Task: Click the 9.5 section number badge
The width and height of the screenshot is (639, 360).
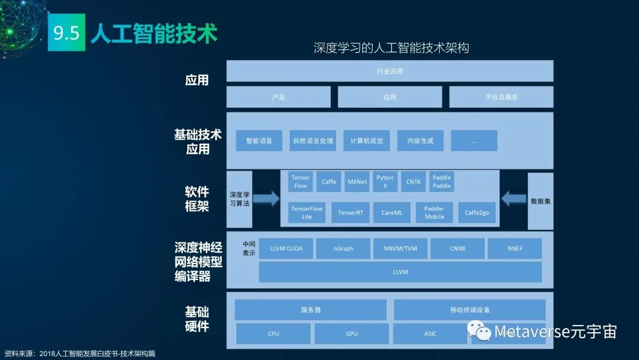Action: coord(66,33)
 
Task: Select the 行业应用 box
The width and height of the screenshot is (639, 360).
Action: coord(389,71)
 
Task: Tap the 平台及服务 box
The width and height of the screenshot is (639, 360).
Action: coord(501,97)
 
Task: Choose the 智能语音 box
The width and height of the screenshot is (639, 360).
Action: coord(259,141)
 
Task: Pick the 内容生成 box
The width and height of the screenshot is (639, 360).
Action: coord(420,141)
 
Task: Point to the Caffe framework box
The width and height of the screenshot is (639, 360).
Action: coord(329,182)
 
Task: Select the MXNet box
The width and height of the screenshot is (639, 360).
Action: coord(357,182)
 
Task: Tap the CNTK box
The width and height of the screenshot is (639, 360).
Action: coord(414,182)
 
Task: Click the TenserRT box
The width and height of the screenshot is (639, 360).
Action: coord(351,213)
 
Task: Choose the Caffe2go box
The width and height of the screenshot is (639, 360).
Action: coord(476,213)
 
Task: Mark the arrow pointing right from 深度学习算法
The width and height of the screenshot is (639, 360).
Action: coord(266,198)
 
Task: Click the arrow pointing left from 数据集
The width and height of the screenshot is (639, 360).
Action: coord(514,198)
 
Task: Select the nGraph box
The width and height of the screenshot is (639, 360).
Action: coord(343,249)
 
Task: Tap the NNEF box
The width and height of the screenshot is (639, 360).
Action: coord(515,249)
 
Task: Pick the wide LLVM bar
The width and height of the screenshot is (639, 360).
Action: coord(400,272)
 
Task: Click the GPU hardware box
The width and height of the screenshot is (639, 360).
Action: coord(351,334)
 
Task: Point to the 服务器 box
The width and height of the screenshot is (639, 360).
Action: coord(311,310)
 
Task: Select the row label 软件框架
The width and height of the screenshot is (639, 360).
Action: coord(197,199)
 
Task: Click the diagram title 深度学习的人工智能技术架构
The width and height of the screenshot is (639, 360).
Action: coord(391,48)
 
